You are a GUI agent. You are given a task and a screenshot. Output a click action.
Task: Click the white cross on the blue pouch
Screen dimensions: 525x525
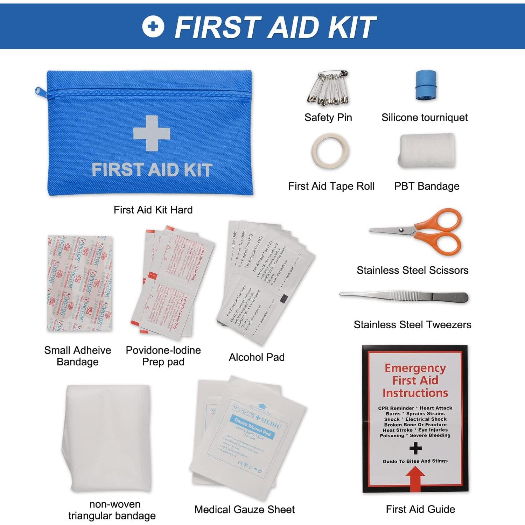pyautogui.click(x=152, y=133)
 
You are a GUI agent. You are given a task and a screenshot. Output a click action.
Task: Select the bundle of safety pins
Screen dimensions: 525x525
pyautogui.click(x=328, y=88)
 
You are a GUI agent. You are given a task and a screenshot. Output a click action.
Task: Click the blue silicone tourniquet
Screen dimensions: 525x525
pyautogui.click(x=426, y=85)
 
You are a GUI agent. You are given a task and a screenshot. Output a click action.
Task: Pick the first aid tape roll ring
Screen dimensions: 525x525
pyautogui.click(x=330, y=151)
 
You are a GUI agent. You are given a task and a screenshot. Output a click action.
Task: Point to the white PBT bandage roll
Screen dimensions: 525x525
pyautogui.click(x=427, y=150)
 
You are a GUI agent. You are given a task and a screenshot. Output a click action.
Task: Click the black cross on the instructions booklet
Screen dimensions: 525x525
pyautogui.click(x=415, y=448)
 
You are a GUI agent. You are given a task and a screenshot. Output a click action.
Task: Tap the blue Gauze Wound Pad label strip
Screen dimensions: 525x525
pyautogui.click(x=252, y=427)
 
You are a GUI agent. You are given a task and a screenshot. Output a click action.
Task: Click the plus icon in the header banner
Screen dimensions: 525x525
pyautogui.click(x=153, y=26)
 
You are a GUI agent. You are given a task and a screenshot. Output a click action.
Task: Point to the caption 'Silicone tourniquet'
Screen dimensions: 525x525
pyautogui.click(x=424, y=118)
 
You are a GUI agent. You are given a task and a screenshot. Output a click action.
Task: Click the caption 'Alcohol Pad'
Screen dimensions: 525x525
pyautogui.click(x=257, y=357)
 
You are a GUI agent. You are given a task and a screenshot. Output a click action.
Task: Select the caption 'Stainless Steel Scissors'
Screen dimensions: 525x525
pyautogui.click(x=412, y=270)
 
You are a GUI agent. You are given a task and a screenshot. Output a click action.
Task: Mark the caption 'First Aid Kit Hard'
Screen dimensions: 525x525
pyautogui.click(x=153, y=210)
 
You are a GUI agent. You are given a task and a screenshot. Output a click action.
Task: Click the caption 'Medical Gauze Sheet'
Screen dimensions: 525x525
pyautogui.click(x=244, y=510)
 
